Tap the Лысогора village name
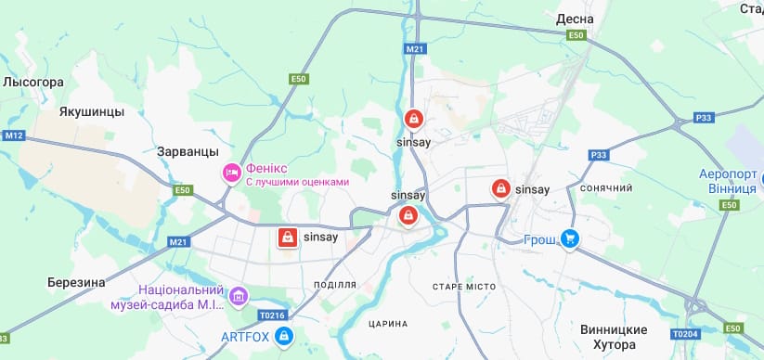point(32,83)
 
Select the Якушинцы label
point(91,112)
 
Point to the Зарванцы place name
point(188,151)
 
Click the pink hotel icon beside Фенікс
point(231,173)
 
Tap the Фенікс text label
point(266,168)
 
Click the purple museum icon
point(240,296)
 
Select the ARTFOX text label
point(245,336)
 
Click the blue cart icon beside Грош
point(571,239)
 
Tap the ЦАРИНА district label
point(388,324)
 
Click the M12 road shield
point(12,136)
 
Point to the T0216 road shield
point(270,315)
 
